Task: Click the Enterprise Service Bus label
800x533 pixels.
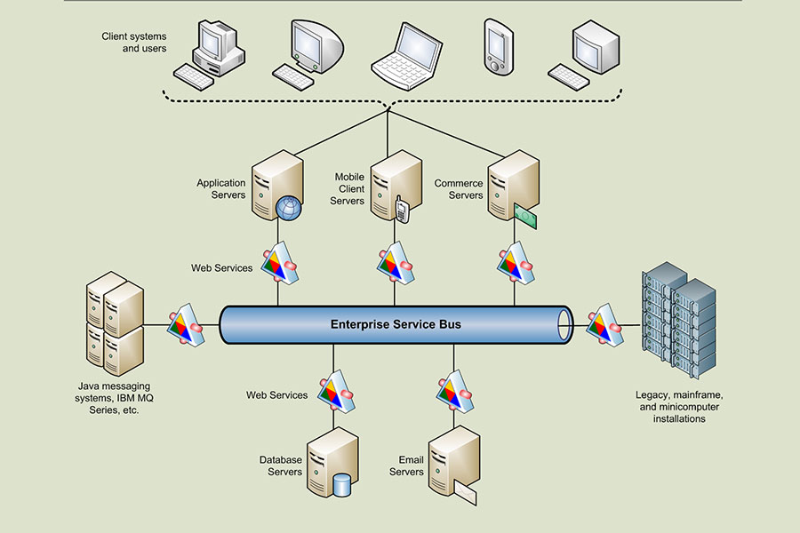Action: coord(396,324)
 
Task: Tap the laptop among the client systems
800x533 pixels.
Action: coord(406,56)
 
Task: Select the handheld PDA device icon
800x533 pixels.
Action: coord(499,47)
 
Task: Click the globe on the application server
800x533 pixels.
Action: coord(289,208)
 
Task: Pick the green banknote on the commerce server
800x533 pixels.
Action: coord(525,217)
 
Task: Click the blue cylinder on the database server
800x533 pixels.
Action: coord(341,485)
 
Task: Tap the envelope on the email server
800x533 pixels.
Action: coord(465,493)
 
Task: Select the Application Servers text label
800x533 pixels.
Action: coord(221,188)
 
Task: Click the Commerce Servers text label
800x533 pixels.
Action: coord(458,189)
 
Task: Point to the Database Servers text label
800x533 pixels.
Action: coord(280,465)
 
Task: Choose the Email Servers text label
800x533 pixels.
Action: coord(406,465)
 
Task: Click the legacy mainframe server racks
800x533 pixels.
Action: coord(679,321)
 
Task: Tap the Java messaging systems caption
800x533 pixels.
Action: coord(114,398)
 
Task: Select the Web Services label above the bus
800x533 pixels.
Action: coord(221,267)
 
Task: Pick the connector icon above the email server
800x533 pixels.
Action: coord(455,391)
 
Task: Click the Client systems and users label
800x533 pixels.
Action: coord(133,43)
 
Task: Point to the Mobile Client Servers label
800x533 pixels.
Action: coord(347,188)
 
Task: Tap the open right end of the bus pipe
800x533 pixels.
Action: coord(564,325)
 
